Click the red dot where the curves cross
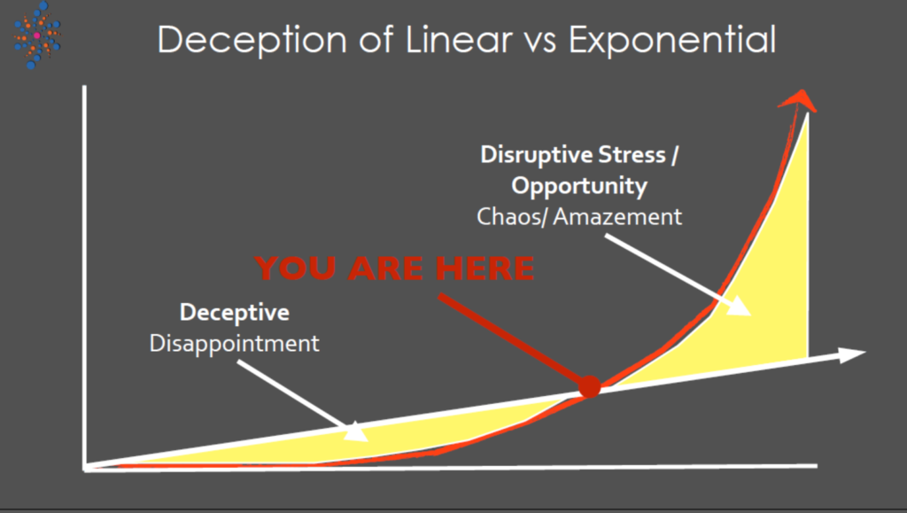[x=589, y=386]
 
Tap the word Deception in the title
[x=252, y=41]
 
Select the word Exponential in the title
[x=672, y=40]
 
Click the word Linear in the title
[x=459, y=39]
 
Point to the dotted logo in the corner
[x=37, y=35]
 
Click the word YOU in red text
[x=295, y=268]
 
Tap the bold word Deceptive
[x=234, y=312]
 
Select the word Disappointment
[x=234, y=344]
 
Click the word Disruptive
[x=536, y=155]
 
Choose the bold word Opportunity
[x=579, y=186]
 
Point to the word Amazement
[x=617, y=217]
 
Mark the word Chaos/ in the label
[x=511, y=217]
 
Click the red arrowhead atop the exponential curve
[x=798, y=99]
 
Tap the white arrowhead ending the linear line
[x=852, y=354]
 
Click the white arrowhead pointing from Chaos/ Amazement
[x=740, y=306]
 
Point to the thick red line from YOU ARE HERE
[x=513, y=340]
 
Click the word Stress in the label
[x=632, y=155]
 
